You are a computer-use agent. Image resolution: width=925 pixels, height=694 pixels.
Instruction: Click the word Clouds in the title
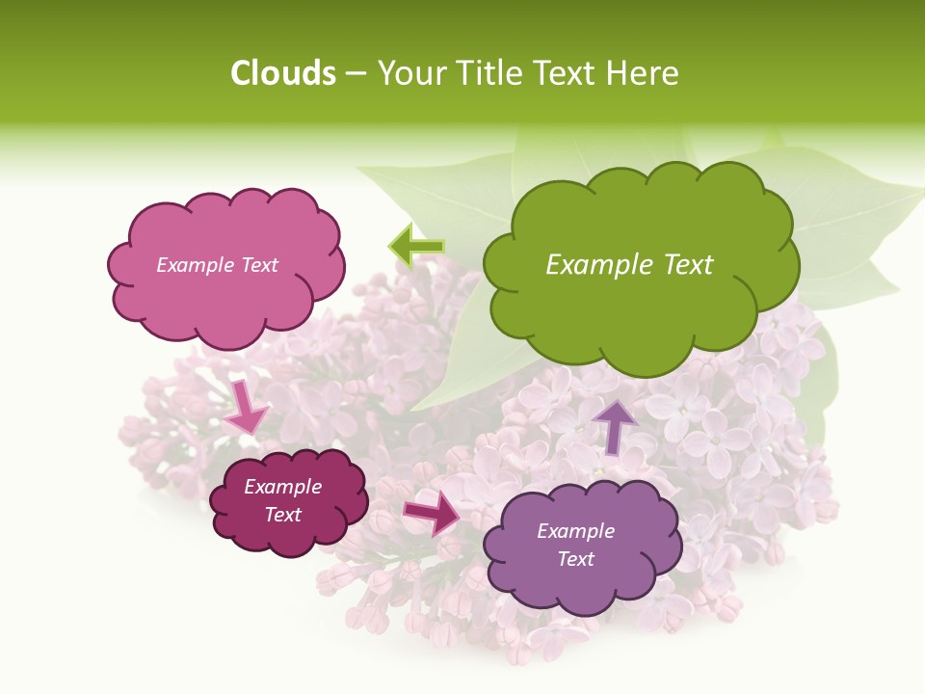click(x=282, y=73)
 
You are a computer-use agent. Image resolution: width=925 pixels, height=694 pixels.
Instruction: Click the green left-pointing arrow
click(x=416, y=246)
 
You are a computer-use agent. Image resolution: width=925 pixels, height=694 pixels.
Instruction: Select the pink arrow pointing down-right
click(x=246, y=408)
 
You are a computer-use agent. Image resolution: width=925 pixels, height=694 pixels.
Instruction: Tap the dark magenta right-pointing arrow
click(x=432, y=512)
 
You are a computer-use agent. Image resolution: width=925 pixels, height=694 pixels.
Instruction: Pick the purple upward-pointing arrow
click(x=615, y=425)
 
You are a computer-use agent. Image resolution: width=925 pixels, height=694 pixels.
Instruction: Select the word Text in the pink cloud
click(x=259, y=265)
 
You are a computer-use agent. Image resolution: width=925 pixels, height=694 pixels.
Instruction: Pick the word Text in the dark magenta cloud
click(x=283, y=515)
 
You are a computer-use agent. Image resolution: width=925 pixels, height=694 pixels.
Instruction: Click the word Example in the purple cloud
click(x=575, y=531)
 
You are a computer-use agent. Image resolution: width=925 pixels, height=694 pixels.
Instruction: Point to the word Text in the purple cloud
click(x=575, y=559)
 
